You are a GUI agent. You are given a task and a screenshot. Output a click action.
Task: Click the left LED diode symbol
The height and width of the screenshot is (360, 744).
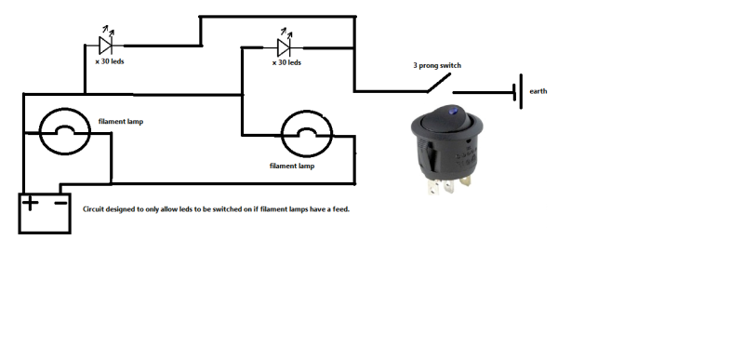tap(106, 44)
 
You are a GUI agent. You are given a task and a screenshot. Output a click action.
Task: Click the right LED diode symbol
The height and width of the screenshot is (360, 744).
tap(286, 47)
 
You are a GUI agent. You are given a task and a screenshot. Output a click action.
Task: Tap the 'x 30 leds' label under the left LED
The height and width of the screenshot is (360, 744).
tap(111, 61)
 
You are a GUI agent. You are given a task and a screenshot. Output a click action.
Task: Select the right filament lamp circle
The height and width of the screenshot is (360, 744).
tap(308, 136)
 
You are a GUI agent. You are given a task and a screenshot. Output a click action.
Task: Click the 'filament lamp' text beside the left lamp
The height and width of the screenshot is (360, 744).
tap(121, 121)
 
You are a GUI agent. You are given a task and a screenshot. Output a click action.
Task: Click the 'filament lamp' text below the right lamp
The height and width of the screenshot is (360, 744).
tap(292, 167)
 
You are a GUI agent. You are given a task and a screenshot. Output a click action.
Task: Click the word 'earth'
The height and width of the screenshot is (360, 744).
tap(539, 92)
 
